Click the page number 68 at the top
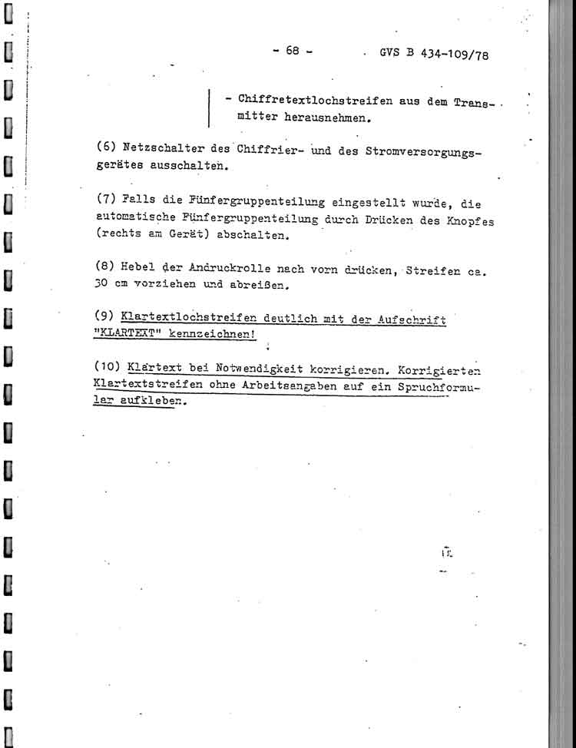pos(292,51)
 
